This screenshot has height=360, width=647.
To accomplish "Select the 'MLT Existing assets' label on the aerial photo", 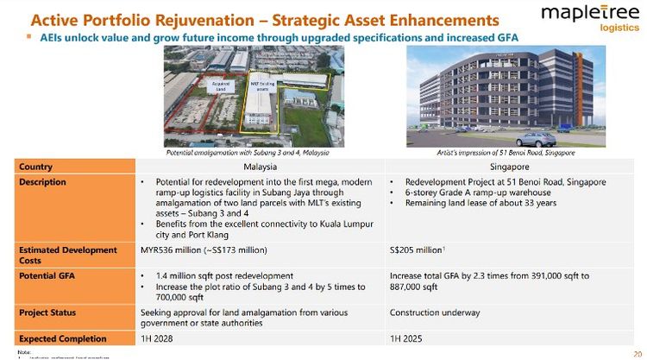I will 261,85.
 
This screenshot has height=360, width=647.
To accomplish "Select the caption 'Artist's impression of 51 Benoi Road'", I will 506,153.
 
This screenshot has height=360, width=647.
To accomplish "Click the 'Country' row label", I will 35,167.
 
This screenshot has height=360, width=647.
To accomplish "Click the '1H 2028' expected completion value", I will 157,338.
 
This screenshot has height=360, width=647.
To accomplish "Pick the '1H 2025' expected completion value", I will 407,338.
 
